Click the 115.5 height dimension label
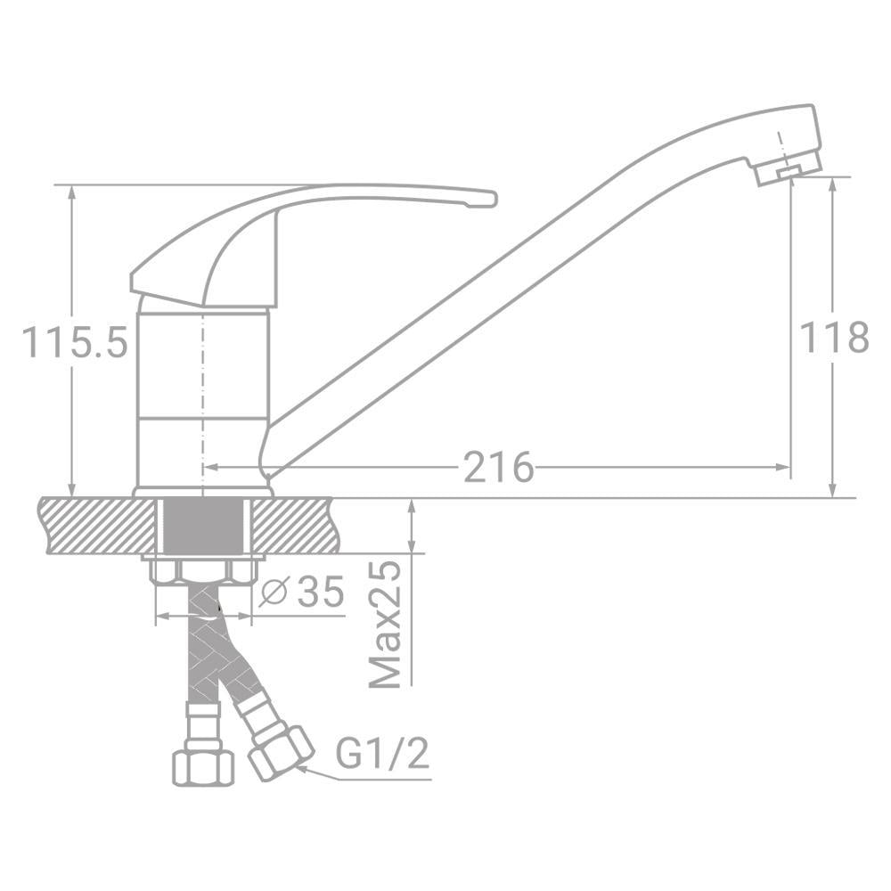click(76, 342)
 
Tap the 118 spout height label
click(833, 338)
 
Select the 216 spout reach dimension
click(498, 467)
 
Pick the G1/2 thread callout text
click(382, 754)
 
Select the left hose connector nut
click(202, 765)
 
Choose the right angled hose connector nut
click(279, 752)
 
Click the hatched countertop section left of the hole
click(96, 526)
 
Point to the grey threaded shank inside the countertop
click(203, 526)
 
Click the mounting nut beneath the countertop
click(203, 569)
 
